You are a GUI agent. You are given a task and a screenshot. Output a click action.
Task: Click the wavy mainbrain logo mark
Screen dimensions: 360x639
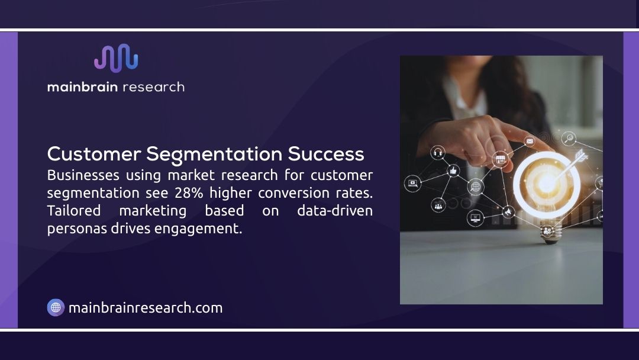[116, 58]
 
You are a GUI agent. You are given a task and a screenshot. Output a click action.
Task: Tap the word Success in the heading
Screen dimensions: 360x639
[326, 154]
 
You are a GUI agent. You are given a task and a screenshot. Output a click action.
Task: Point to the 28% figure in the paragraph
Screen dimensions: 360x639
[188, 193]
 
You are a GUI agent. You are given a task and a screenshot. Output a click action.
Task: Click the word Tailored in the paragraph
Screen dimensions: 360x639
[74, 211]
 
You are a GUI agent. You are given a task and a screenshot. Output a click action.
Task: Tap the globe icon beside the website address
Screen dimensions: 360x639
[56, 307]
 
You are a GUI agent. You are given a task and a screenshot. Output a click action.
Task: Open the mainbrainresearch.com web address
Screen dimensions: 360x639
[146, 308]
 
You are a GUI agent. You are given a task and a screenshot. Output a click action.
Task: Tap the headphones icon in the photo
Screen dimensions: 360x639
[438, 153]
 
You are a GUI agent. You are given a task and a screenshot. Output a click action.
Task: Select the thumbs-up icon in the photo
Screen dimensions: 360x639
[454, 171]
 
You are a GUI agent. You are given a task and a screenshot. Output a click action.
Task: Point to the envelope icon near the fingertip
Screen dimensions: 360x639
[529, 142]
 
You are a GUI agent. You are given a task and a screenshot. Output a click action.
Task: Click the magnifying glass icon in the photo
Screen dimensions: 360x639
[569, 139]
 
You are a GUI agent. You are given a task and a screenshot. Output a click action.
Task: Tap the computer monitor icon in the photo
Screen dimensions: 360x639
[475, 217]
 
